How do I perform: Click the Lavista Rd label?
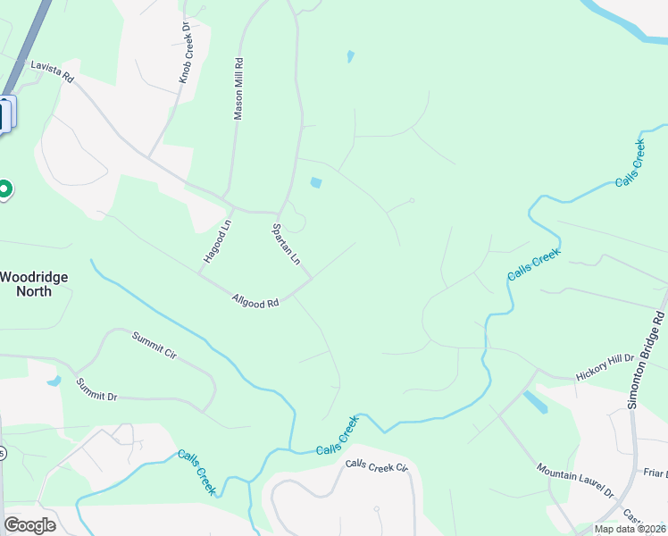(52, 71)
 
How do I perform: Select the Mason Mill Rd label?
(238, 88)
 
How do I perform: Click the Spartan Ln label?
(286, 244)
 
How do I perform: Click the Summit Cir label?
(154, 344)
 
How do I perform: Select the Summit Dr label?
(96, 389)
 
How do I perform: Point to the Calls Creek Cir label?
(376, 466)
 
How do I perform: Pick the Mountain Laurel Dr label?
(576, 481)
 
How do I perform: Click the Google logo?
(29, 525)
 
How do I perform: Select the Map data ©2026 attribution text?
(629, 529)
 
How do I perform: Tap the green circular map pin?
(4, 189)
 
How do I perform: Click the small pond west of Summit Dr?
(54, 381)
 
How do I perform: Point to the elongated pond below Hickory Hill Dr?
(536, 403)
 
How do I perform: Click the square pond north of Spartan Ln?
(315, 183)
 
